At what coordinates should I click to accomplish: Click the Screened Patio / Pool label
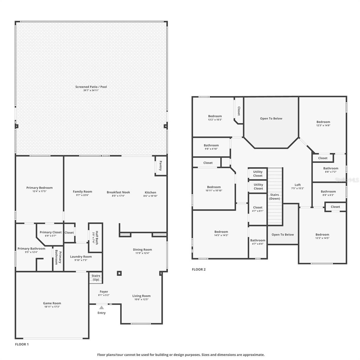point(91,87)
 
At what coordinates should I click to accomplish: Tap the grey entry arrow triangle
point(101,307)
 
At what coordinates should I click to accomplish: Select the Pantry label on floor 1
point(160,166)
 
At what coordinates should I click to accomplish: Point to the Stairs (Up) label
point(96,277)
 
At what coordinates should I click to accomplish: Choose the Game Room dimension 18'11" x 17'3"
point(52,307)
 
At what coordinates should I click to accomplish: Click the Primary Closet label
point(50,232)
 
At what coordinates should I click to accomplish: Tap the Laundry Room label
point(81,256)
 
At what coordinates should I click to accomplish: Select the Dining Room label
point(142,250)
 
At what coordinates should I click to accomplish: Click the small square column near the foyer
point(119,273)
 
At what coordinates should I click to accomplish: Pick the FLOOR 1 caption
point(22,344)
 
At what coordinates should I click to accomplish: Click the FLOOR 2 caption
point(199,269)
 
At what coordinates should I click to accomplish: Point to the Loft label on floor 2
point(298,185)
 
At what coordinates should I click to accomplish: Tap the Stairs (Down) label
point(274,196)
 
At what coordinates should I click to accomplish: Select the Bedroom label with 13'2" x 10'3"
point(215,116)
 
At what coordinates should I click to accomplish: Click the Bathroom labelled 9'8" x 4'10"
point(211,145)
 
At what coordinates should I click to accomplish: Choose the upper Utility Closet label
point(258,174)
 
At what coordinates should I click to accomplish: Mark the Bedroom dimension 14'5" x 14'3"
point(221,235)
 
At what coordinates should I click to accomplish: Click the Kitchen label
point(150,192)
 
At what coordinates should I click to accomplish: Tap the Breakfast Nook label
point(118,192)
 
